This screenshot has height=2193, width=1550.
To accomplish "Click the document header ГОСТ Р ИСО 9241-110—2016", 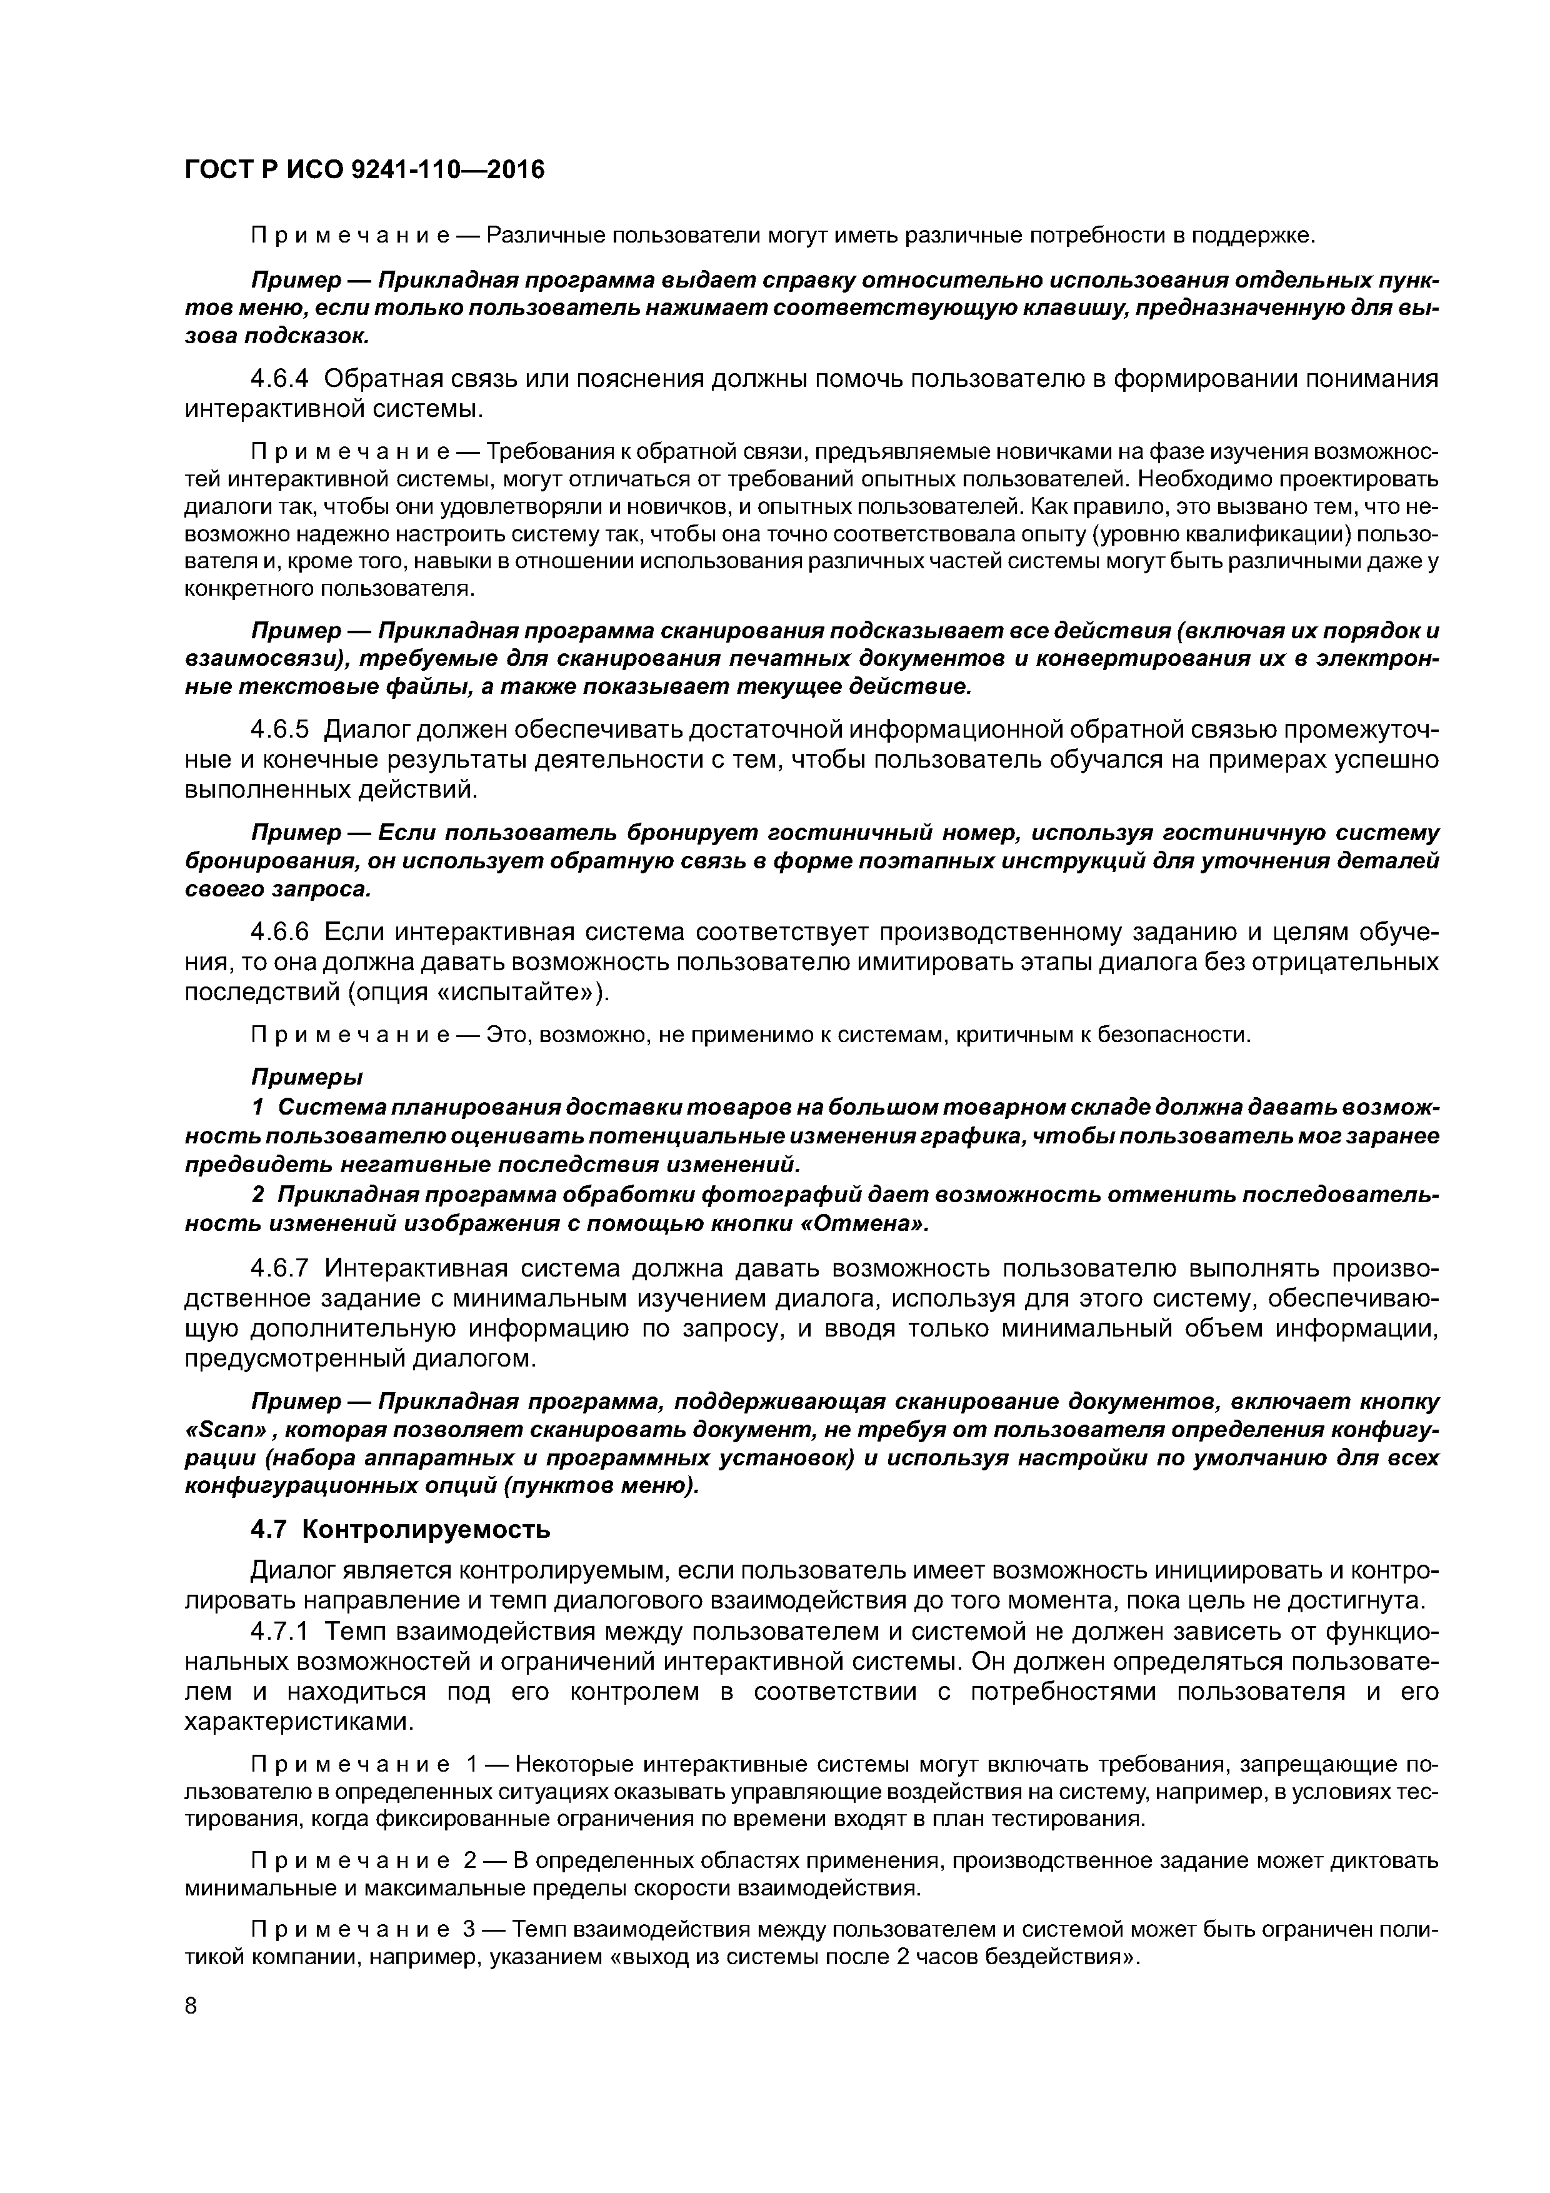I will point(364,170).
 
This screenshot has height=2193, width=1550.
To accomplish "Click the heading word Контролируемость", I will point(426,1529).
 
